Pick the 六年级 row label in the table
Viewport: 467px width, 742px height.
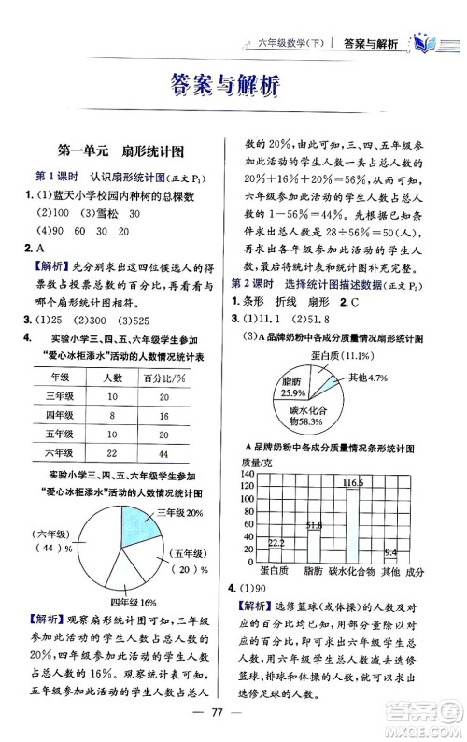(60, 452)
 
